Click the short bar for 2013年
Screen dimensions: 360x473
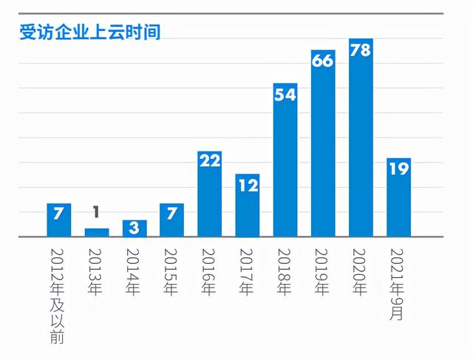[97, 232]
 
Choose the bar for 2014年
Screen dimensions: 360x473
[135, 228]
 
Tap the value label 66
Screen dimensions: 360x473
[323, 61]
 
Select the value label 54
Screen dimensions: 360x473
[285, 95]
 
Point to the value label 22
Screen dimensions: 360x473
[210, 160]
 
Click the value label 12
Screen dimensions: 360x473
[248, 186]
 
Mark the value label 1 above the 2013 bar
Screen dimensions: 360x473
[97, 213]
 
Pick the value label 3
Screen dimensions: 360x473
[135, 228]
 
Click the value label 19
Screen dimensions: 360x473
[398, 169]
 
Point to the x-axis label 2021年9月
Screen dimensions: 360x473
[398, 282]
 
